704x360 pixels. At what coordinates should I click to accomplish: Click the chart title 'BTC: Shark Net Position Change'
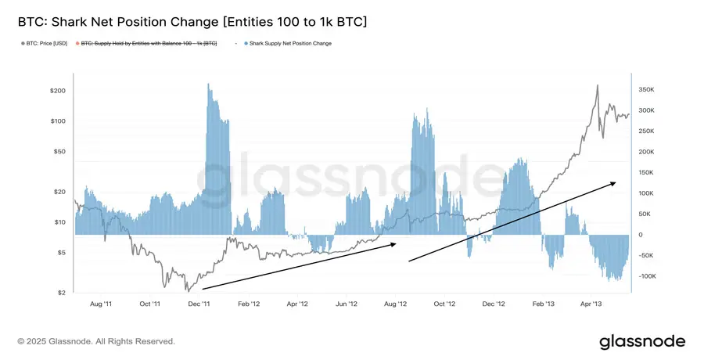[192, 21]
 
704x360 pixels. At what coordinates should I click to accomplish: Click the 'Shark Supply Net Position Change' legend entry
[287, 44]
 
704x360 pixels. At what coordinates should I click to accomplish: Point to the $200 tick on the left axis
[58, 91]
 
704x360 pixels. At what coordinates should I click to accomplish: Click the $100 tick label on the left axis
[58, 121]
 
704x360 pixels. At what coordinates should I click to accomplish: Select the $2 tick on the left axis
[61, 293]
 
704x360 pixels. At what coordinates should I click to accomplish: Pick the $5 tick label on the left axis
[61, 253]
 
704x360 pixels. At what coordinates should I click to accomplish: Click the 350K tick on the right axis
[646, 90]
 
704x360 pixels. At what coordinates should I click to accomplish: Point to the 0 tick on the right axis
[639, 235]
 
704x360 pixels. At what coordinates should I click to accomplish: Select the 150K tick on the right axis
[646, 173]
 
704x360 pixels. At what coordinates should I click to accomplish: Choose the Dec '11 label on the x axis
[200, 304]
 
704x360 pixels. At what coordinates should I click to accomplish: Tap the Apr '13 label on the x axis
[591, 304]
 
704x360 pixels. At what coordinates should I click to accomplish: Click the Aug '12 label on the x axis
[397, 304]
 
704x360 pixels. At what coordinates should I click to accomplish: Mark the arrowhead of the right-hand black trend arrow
[615, 182]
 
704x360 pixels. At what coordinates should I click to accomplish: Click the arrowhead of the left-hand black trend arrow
[396, 243]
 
